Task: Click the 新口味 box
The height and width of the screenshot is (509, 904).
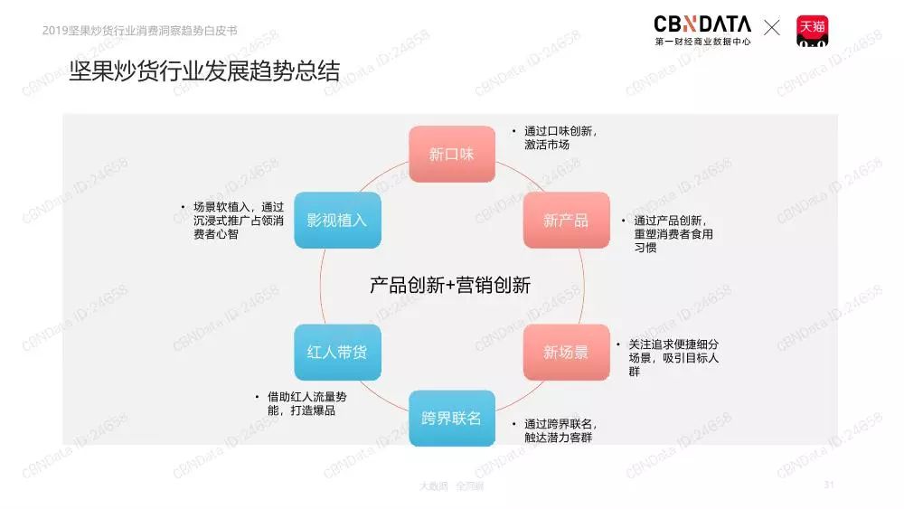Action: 451,154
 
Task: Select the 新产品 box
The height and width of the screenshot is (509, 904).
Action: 566,220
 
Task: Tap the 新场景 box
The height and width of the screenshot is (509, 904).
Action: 566,352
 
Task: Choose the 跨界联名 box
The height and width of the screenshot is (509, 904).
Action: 451,418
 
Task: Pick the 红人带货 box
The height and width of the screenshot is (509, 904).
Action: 337,352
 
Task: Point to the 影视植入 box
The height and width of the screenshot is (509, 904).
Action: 337,220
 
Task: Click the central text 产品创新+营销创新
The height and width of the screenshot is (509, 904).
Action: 449,285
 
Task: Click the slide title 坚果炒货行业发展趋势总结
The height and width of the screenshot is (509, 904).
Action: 204,71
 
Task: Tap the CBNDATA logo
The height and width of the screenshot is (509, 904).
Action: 702,30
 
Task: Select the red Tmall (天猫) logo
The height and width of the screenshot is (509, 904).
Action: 812,30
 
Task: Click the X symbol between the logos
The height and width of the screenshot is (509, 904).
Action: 771,28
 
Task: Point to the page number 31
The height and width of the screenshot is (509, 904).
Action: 828,485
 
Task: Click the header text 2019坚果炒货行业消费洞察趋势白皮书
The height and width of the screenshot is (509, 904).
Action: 140,30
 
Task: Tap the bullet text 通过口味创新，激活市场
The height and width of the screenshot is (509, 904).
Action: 560,137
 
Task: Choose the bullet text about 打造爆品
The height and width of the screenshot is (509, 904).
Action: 307,403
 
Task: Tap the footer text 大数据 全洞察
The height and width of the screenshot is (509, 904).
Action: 451,485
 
